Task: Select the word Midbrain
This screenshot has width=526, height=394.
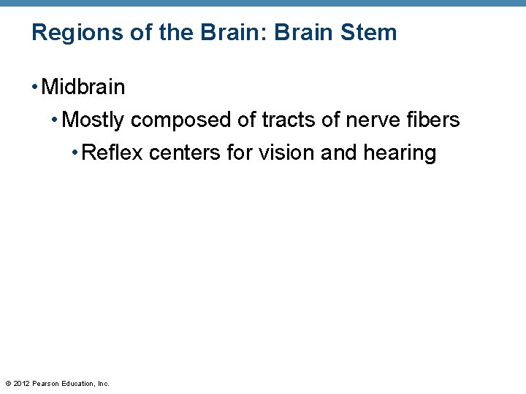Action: pyautogui.click(x=83, y=88)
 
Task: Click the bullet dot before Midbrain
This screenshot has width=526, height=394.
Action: pyautogui.click(x=35, y=88)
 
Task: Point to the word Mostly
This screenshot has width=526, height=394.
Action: pyautogui.click(x=94, y=120)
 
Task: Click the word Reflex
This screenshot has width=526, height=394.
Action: pyautogui.click(x=113, y=153)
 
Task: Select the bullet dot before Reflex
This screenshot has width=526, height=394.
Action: pyautogui.click(x=76, y=154)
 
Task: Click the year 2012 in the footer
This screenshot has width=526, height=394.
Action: pyautogui.click(x=20, y=383)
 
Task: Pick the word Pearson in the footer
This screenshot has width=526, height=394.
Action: pyautogui.click(x=45, y=383)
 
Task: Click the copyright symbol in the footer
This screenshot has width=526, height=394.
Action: pyautogui.click(x=7, y=383)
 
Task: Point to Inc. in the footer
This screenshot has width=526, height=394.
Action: pyautogui.click(x=103, y=383)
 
